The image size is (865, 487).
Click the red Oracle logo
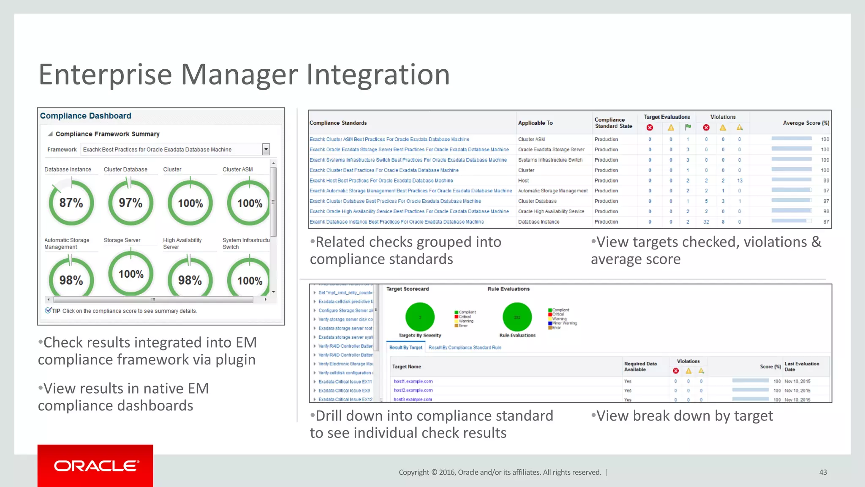[x=95, y=465]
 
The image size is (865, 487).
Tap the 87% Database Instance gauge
[x=71, y=203]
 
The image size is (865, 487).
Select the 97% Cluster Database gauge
[x=131, y=203]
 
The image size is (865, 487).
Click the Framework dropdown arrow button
[x=266, y=149]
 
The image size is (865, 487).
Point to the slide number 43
[x=823, y=472]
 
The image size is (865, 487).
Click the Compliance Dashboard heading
[x=86, y=116]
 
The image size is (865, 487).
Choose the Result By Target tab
[x=405, y=347]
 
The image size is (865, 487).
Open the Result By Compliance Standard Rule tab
[x=465, y=347]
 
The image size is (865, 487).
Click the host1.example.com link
[x=413, y=381]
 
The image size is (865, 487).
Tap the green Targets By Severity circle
[x=420, y=317]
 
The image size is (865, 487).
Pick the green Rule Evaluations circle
[x=517, y=317]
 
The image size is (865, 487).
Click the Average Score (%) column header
[x=806, y=123]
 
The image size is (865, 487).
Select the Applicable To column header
[x=535, y=123]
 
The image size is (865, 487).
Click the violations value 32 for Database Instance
[x=706, y=222]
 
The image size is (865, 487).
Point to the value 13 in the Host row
[x=740, y=181]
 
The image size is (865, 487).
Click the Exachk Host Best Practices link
[x=381, y=181]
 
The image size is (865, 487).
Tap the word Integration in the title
[x=378, y=74]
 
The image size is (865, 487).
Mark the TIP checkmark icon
[x=48, y=310]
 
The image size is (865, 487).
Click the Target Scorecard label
[x=408, y=289]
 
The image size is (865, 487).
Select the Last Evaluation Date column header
[x=802, y=367]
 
